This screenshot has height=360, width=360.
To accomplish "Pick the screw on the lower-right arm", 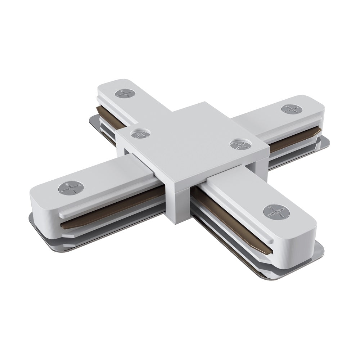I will (x=276, y=212).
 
